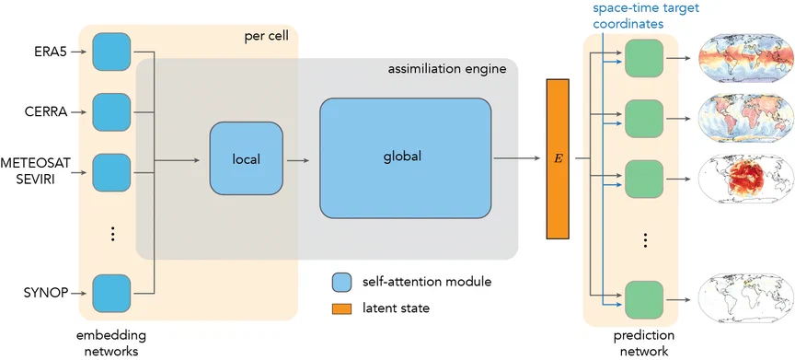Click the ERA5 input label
[x=52, y=52]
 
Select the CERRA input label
[x=47, y=112]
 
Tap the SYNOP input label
[x=47, y=293]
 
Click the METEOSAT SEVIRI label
[x=35, y=172]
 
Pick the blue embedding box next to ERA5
[x=111, y=52]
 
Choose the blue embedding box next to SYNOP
[x=111, y=293]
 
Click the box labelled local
[x=247, y=158]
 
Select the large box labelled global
[x=405, y=157]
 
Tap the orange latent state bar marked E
[x=558, y=158]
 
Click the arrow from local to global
[x=297, y=161]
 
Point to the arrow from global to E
[x=518, y=158]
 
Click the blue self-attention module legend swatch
[x=341, y=282]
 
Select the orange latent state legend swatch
[x=341, y=308]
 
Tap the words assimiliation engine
[x=447, y=69]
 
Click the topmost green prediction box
[x=644, y=58]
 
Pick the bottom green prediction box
[x=644, y=300]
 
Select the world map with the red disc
[x=745, y=179]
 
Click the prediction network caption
[x=644, y=343]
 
